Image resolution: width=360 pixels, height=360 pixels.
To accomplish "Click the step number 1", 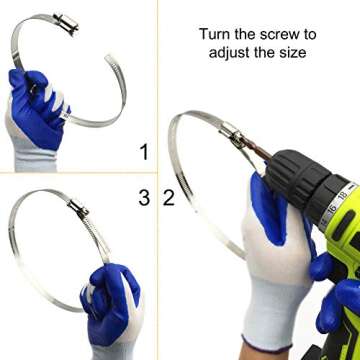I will click(144, 152).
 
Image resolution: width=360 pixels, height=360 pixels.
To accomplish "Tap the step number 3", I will click(144, 198).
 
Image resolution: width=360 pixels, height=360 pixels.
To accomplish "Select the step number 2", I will click(169, 198).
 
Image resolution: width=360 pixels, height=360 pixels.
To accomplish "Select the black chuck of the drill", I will click(290, 185).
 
